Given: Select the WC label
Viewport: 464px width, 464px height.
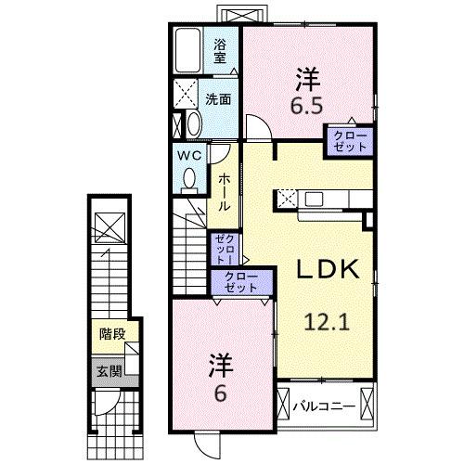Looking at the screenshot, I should (191, 155).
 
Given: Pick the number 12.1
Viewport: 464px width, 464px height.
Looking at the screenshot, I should (327, 323).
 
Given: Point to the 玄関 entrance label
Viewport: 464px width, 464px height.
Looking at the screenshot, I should (109, 371).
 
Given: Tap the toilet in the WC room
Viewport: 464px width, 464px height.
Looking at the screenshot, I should (189, 182).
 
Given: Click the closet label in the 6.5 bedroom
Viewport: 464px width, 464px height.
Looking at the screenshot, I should (349, 143).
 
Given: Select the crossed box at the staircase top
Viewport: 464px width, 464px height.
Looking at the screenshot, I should (108, 226).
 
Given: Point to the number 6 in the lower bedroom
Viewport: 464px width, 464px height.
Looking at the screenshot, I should (219, 393).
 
